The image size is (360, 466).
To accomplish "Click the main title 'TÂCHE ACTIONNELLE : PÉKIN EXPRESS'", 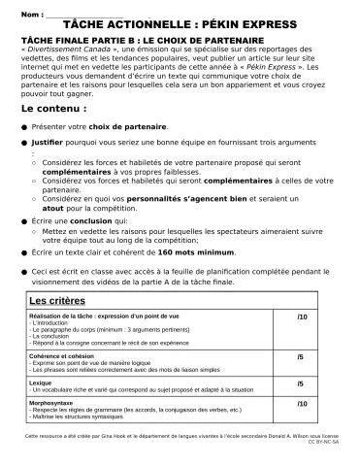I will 180,26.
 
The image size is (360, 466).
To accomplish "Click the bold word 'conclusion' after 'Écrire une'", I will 98,221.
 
